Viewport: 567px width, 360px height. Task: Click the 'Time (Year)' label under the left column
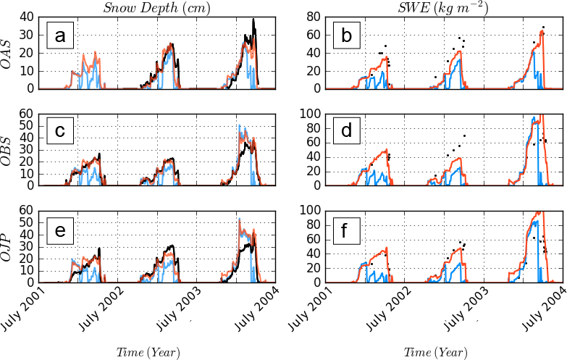click(x=148, y=352)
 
